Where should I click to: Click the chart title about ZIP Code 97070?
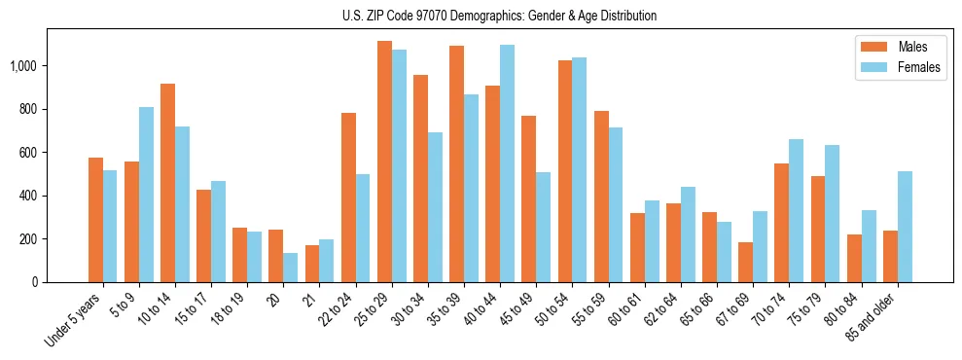(x=499, y=16)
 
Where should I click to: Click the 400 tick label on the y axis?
(x=29, y=196)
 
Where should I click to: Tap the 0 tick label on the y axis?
(x=35, y=282)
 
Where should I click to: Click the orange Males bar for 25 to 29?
(x=384, y=162)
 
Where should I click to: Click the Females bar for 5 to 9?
(x=146, y=195)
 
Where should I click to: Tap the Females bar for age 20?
(x=290, y=268)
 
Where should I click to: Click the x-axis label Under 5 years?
(x=73, y=322)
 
